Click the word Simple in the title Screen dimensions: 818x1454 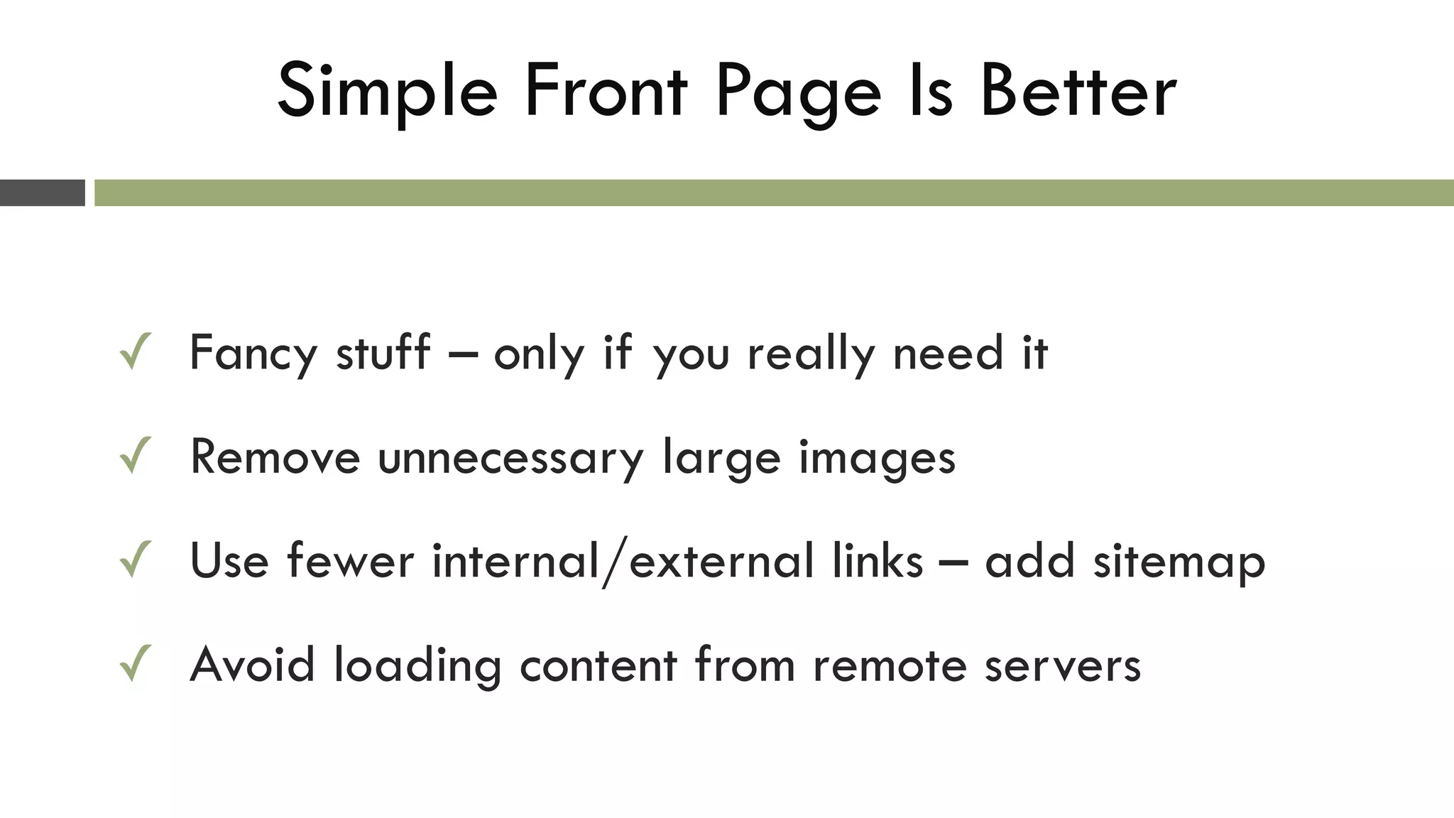387,92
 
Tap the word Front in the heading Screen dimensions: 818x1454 606,92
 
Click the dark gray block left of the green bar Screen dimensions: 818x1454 42,193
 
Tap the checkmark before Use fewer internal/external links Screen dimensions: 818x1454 135,560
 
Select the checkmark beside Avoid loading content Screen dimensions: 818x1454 135,664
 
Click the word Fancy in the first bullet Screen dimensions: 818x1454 253,353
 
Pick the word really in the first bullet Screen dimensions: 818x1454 811,353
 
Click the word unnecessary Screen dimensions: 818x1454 510,457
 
